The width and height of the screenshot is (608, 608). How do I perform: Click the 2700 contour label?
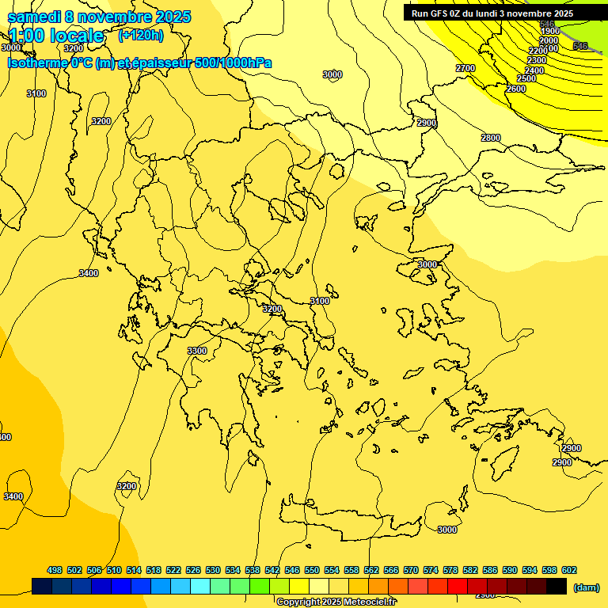point(465,68)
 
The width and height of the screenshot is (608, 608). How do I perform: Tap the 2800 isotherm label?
point(491,138)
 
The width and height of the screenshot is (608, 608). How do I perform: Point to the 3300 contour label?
point(197,351)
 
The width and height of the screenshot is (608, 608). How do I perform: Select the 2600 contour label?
point(515,89)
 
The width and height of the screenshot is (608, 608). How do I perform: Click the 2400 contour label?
point(534,70)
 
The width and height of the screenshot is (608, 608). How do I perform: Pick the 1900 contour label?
point(549,32)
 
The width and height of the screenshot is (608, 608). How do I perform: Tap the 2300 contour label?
point(537,60)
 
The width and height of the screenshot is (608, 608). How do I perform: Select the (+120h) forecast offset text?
point(140,35)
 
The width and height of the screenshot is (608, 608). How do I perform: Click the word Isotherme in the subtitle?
point(38,63)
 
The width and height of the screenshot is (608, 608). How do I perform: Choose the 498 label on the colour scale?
point(55,570)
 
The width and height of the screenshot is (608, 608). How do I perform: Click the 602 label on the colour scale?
point(569,570)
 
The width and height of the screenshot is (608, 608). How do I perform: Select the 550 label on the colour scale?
point(312,570)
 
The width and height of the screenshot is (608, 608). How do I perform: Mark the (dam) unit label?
point(587,587)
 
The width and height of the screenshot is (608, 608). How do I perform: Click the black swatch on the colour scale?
point(557,586)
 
